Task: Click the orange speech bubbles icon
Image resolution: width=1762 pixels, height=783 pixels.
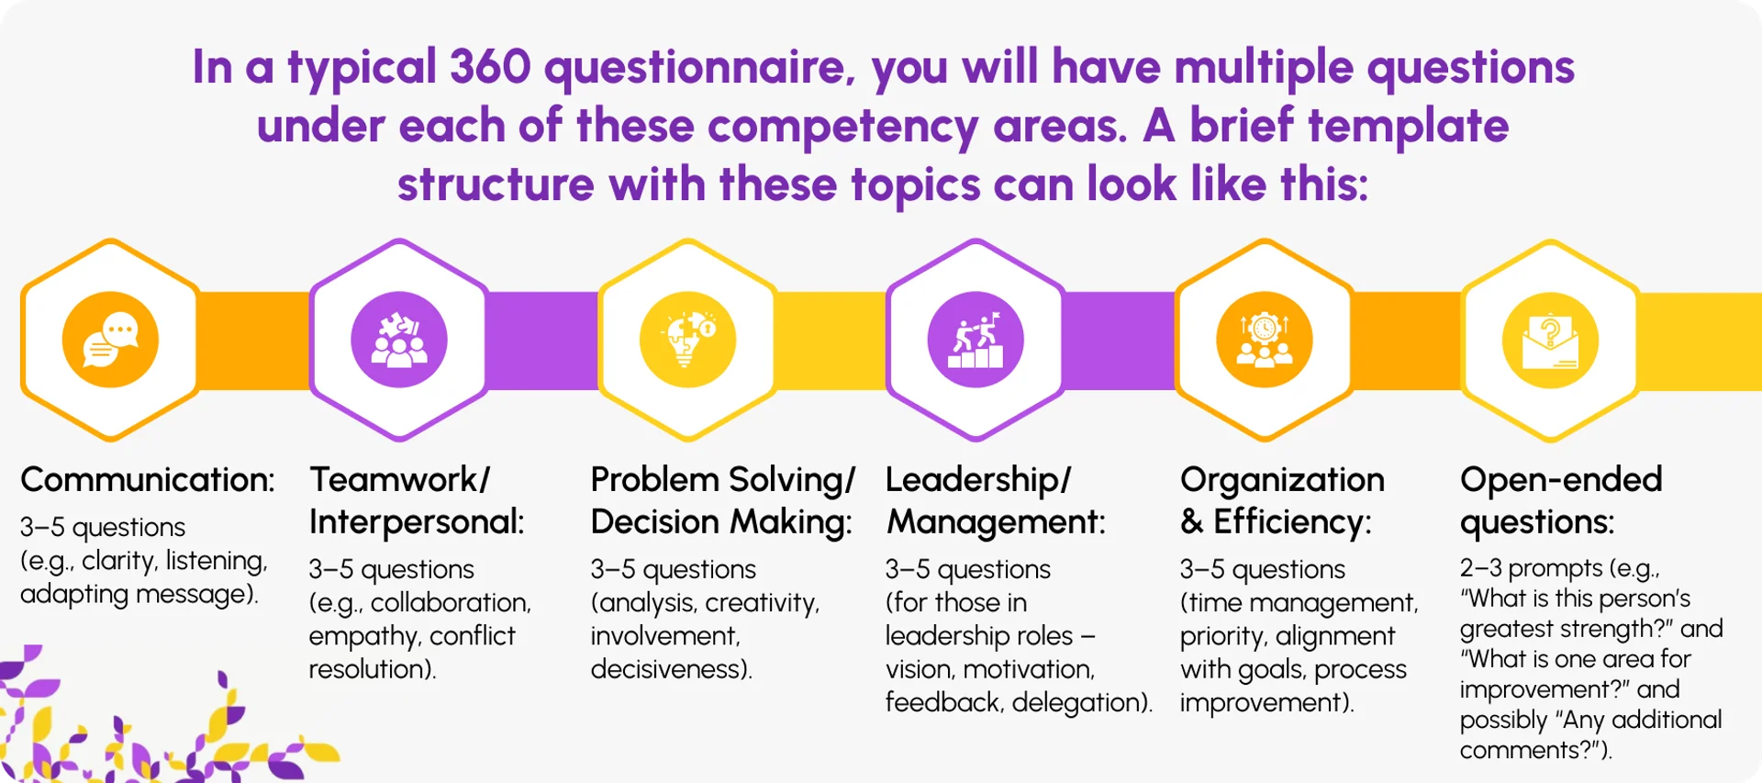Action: click(110, 341)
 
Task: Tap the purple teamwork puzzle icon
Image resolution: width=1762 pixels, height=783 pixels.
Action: click(399, 341)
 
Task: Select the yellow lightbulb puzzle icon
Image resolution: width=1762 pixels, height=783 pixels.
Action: click(687, 341)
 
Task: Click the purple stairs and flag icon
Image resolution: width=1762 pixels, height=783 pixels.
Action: click(976, 341)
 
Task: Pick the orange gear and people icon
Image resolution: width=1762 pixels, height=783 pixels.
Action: click(1264, 341)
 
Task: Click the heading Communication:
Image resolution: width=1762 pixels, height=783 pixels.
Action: click(148, 480)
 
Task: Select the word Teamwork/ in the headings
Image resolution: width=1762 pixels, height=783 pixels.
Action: click(399, 480)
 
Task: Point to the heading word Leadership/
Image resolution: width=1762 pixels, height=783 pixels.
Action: click(977, 480)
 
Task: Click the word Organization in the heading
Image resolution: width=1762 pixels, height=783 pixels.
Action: click(1282, 480)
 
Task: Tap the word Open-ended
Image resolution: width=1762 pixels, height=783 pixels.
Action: click(1561, 480)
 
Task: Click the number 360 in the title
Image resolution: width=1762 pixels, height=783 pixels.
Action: click(490, 67)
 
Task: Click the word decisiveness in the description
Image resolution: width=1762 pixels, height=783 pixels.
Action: click(670, 669)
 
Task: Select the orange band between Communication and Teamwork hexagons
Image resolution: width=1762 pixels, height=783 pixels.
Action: click(254, 341)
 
